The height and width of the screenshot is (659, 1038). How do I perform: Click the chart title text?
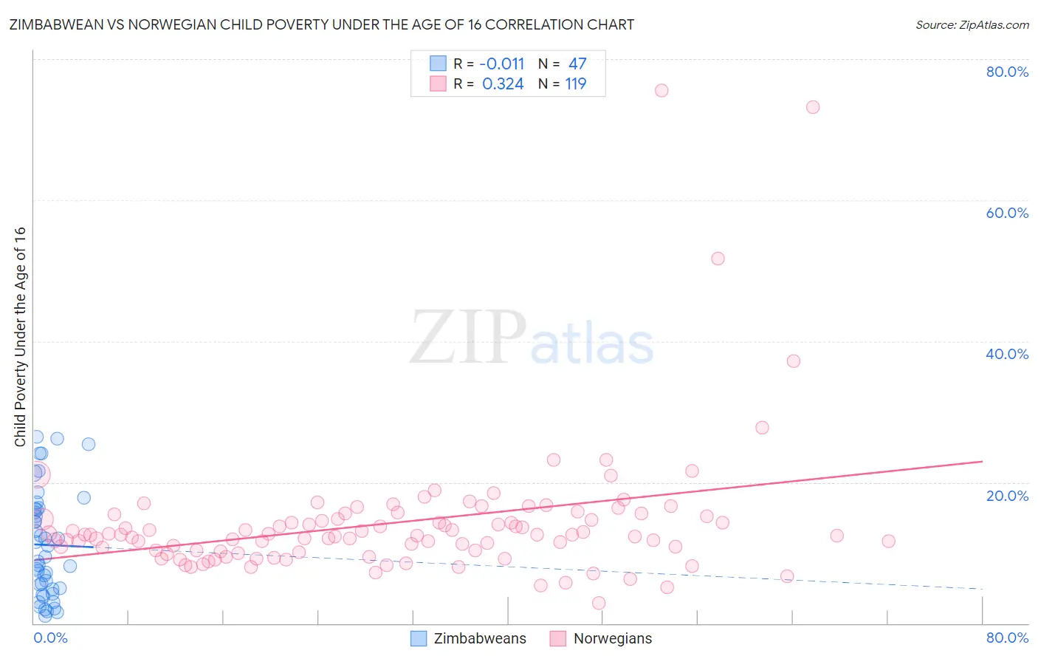321,25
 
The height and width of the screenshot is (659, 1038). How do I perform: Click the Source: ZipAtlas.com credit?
972,25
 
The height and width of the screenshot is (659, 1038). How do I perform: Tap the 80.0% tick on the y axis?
1007,72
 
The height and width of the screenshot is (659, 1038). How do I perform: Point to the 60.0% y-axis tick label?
1007,213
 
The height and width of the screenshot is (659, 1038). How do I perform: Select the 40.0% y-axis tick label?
1007,354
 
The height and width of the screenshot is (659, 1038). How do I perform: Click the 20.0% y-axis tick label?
1007,495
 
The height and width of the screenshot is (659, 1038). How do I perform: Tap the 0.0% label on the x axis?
50,638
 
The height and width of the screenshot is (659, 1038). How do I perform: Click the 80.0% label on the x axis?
1007,638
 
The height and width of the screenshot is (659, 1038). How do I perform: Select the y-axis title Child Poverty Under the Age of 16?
21,336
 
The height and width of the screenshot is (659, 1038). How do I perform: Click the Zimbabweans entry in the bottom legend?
479,638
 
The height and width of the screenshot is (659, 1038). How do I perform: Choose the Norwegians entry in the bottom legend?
612,638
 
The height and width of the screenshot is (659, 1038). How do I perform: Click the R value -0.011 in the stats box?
502,64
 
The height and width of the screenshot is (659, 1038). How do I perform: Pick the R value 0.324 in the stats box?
503,84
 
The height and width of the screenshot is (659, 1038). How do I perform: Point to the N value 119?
576,84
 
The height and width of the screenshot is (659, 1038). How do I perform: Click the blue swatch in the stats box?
438,64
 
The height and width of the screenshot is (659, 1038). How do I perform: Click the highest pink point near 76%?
661,90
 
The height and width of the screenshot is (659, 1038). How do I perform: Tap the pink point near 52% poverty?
718,259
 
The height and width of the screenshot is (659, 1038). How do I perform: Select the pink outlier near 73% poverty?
813,107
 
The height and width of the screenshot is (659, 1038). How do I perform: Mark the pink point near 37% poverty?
794,361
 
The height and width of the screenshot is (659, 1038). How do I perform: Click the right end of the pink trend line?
982,461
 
